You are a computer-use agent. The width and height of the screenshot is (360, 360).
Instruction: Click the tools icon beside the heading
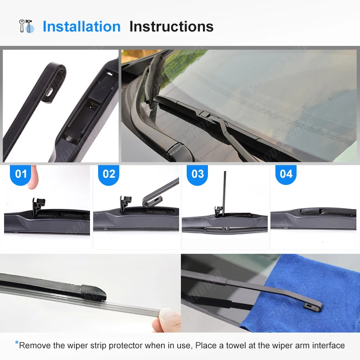[26, 26]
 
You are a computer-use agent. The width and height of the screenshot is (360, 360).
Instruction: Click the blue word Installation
[81, 27]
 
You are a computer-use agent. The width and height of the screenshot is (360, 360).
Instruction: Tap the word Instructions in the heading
[171, 27]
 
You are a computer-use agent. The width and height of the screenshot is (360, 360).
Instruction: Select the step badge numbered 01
[21, 174]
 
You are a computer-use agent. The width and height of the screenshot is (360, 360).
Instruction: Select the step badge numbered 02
[109, 174]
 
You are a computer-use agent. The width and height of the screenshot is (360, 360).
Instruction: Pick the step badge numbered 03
[198, 174]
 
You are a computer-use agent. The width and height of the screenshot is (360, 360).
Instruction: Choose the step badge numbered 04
[286, 174]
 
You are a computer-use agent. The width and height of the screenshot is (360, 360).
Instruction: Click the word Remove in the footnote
[32, 346]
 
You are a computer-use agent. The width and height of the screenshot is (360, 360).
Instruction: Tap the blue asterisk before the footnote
[17, 344]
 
